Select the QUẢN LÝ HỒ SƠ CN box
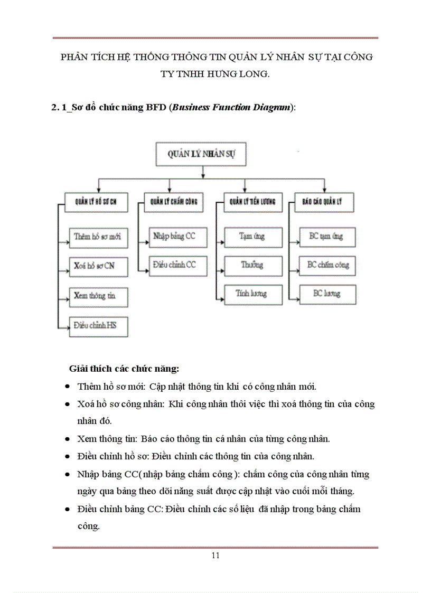click(x=96, y=202)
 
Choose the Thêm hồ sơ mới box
click(x=98, y=237)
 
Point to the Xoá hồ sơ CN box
click(x=98, y=266)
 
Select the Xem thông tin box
click(x=98, y=296)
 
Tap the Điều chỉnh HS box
click(x=98, y=326)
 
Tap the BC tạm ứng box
click(x=327, y=237)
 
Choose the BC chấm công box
click(x=327, y=265)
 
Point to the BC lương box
click(x=327, y=294)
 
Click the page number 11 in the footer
click(x=215, y=555)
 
